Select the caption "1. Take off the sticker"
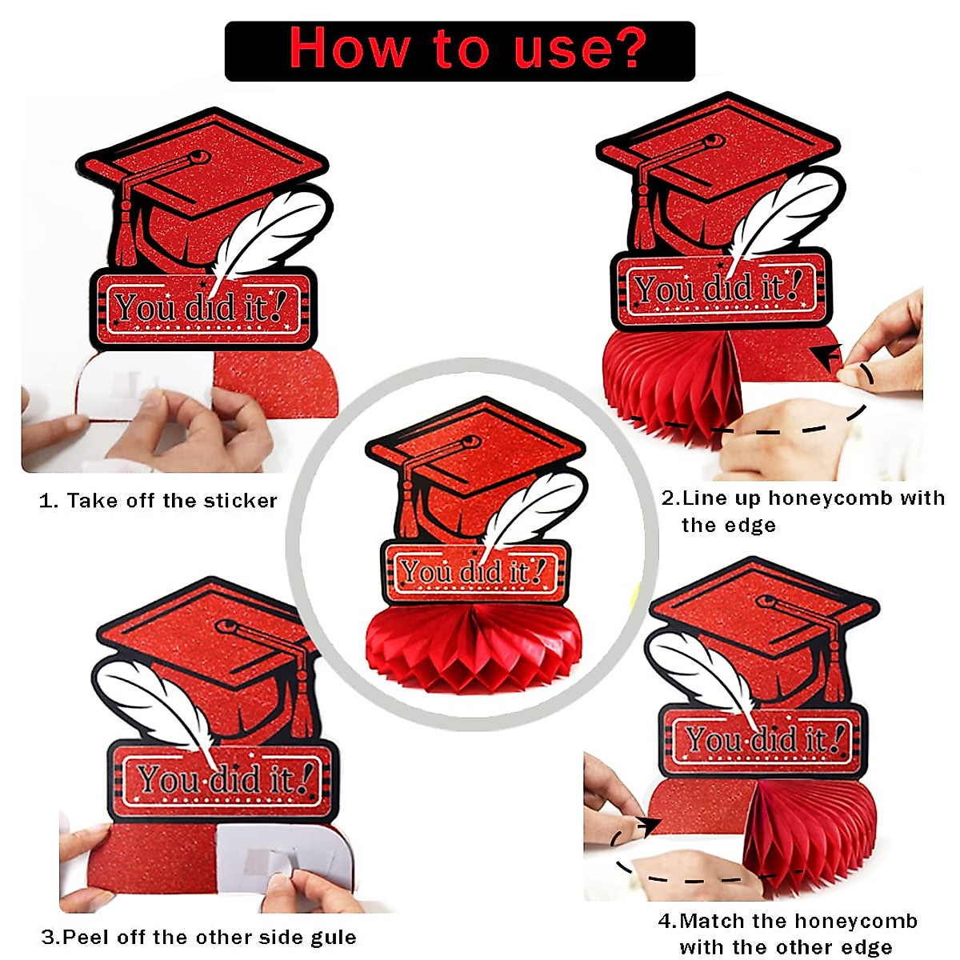click(x=158, y=502)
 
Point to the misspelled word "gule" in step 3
click(x=334, y=937)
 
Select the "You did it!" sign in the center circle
click(x=475, y=571)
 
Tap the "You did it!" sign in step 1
click(x=204, y=308)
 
